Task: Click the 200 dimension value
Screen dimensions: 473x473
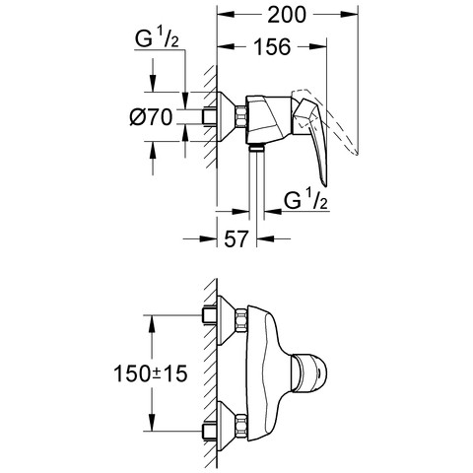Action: point(287,15)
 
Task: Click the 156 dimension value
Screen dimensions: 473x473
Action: point(273,46)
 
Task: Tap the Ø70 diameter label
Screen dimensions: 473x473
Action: point(151,117)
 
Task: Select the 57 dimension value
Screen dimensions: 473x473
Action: point(236,238)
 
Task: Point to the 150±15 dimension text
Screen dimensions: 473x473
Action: point(151,373)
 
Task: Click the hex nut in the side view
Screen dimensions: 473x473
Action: point(241,116)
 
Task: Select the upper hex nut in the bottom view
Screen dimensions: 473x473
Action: point(241,320)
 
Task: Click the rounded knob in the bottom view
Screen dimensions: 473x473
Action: point(309,372)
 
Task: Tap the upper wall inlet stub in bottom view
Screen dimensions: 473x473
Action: point(210,315)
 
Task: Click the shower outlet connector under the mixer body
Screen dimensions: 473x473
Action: point(256,148)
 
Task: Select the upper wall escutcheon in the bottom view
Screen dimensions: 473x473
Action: point(227,320)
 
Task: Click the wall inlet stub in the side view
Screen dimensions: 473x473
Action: point(210,116)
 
